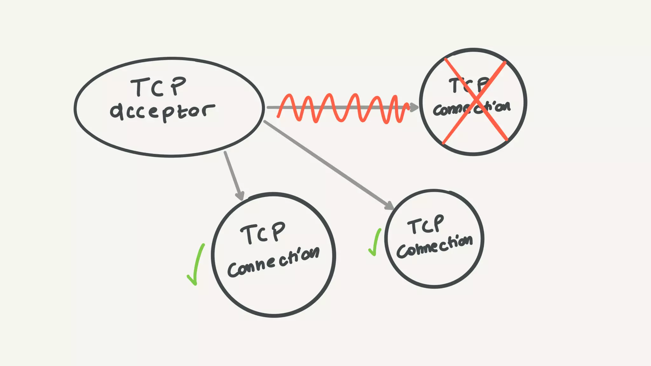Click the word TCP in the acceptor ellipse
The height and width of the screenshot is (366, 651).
pos(158,87)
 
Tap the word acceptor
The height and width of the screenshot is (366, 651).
pos(162,112)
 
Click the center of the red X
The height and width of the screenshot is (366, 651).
pos(476,101)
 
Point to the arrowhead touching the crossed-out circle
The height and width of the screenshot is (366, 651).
pos(414,107)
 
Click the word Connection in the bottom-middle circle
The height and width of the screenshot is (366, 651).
pos(273,262)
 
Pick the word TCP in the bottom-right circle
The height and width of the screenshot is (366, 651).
pos(425,225)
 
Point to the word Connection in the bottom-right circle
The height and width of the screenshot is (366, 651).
pos(434,247)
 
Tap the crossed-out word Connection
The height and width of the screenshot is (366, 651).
pos(472,108)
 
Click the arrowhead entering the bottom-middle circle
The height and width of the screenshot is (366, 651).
pos(240,195)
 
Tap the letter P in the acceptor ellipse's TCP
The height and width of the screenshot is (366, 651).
pos(178,85)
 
